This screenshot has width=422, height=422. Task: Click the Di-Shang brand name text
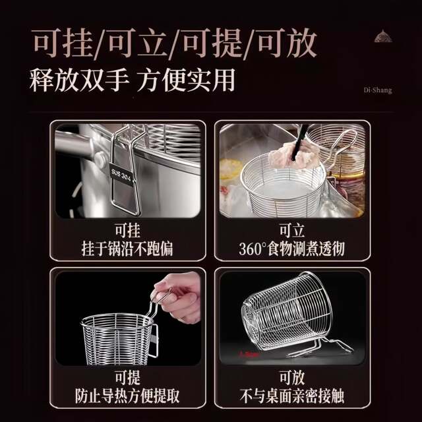pyautogui.click(x=377, y=90)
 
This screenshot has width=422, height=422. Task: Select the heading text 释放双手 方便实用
pyautogui.click(x=132, y=80)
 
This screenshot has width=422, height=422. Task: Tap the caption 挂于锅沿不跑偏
pyautogui.click(x=127, y=249)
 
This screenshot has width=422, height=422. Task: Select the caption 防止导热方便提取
pyautogui.click(x=127, y=396)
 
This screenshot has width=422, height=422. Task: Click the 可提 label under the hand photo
pyautogui.click(x=127, y=378)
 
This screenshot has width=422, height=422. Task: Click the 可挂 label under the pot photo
pyautogui.click(x=127, y=231)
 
